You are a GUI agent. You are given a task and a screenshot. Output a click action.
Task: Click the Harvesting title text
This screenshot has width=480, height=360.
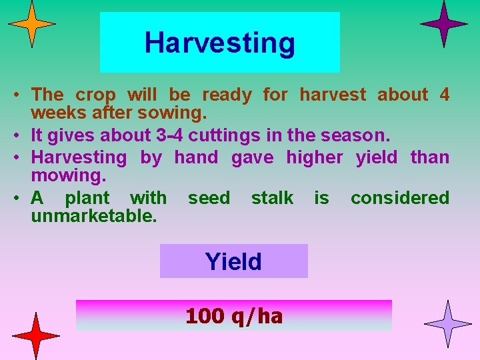219,43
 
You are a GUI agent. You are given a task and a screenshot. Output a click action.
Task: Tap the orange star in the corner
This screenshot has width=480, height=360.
31,24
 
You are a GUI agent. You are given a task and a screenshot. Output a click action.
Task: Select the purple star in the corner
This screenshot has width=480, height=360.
444,23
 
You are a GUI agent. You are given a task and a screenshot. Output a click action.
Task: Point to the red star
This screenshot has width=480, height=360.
37,335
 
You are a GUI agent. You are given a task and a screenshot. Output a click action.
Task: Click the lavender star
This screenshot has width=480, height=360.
447,324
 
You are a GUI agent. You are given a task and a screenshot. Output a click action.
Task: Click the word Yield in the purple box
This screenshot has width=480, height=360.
233,261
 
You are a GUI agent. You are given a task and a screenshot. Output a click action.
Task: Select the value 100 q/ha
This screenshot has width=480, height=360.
234,315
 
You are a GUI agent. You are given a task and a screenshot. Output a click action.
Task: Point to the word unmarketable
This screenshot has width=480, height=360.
94,216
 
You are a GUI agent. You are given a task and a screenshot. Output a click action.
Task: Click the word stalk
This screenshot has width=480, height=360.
272,198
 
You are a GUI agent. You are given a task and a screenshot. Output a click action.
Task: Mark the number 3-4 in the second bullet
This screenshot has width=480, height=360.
170,135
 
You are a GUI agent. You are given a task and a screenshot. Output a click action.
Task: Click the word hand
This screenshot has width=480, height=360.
196,157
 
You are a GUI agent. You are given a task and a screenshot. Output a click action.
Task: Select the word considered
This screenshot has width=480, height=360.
400,198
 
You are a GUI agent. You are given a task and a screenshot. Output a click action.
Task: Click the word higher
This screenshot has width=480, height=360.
314,157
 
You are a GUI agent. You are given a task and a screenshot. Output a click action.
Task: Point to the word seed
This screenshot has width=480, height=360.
209,198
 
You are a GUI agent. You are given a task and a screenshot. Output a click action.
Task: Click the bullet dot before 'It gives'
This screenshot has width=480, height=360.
22,136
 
